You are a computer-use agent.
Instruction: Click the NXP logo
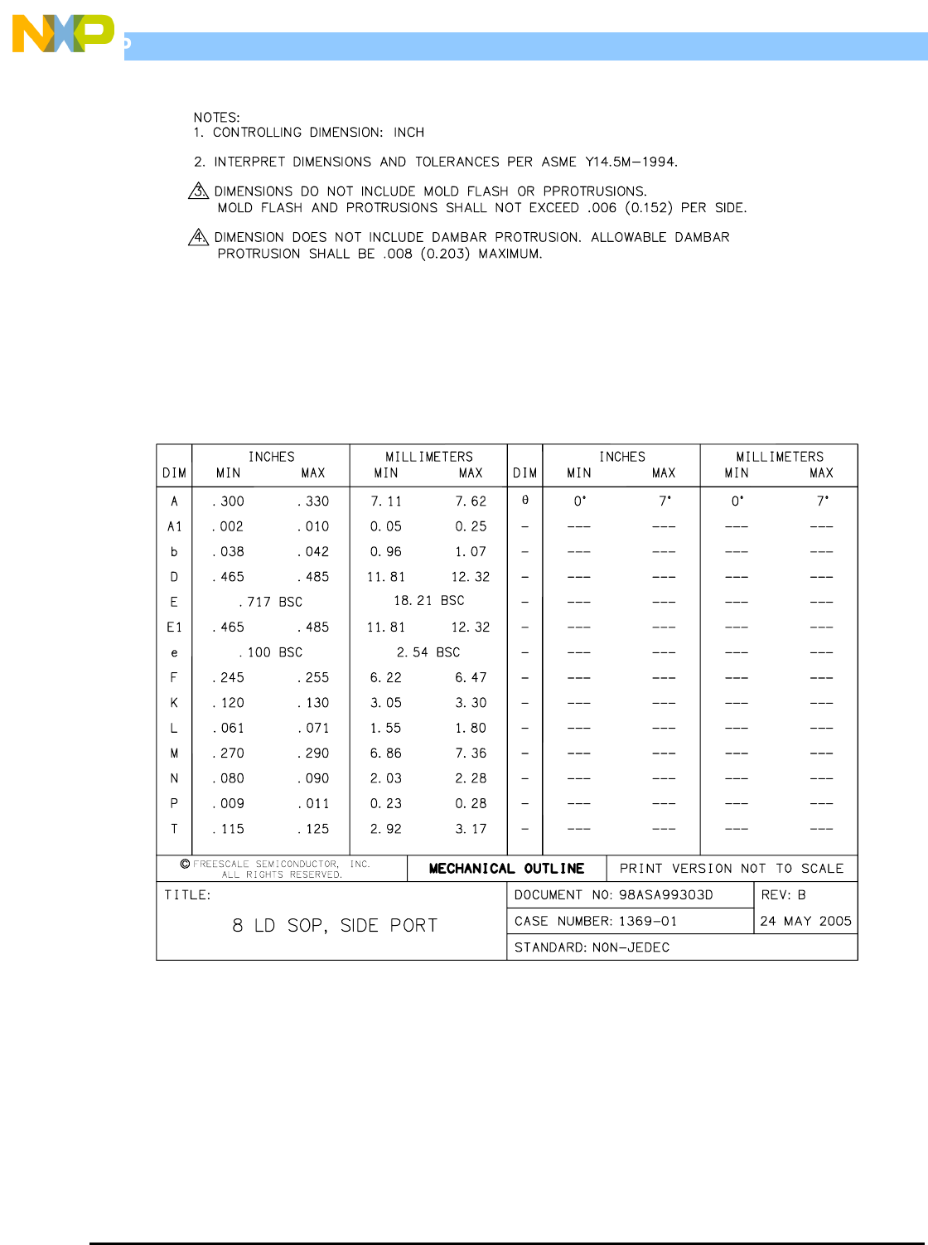pyautogui.click(x=63, y=34)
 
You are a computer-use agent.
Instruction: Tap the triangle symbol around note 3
pyautogui.click(x=199, y=191)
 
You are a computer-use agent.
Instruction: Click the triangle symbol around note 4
pyautogui.click(x=199, y=238)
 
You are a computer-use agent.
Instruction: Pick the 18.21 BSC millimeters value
pyautogui.click(x=428, y=600)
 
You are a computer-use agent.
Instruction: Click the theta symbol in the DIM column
pyautogui.click(x=525, y=501)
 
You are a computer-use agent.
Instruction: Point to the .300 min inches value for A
pyautogui.click(x=229, y=501)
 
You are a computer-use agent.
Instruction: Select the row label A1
pyautogui.click(x=174, y=526)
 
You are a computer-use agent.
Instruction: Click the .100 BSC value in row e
pyautogui.click(x=271, y=652)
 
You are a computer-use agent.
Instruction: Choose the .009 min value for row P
pyautogui.click(x=229, y=804)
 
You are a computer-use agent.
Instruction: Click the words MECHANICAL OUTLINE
pyautogui.click(x=506, y=869)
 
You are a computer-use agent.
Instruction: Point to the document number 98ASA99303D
pyautogui.click(x=665, y=895)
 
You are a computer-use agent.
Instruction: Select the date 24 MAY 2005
pyautogui.click(x=805, y=921)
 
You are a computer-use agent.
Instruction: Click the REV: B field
pyautogui.click(x=783, y=895)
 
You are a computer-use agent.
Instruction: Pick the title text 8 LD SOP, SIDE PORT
pyautogui.click(x=335, y=926)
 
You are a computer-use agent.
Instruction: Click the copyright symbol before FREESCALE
pyautogui.click(x=185, y=864)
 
